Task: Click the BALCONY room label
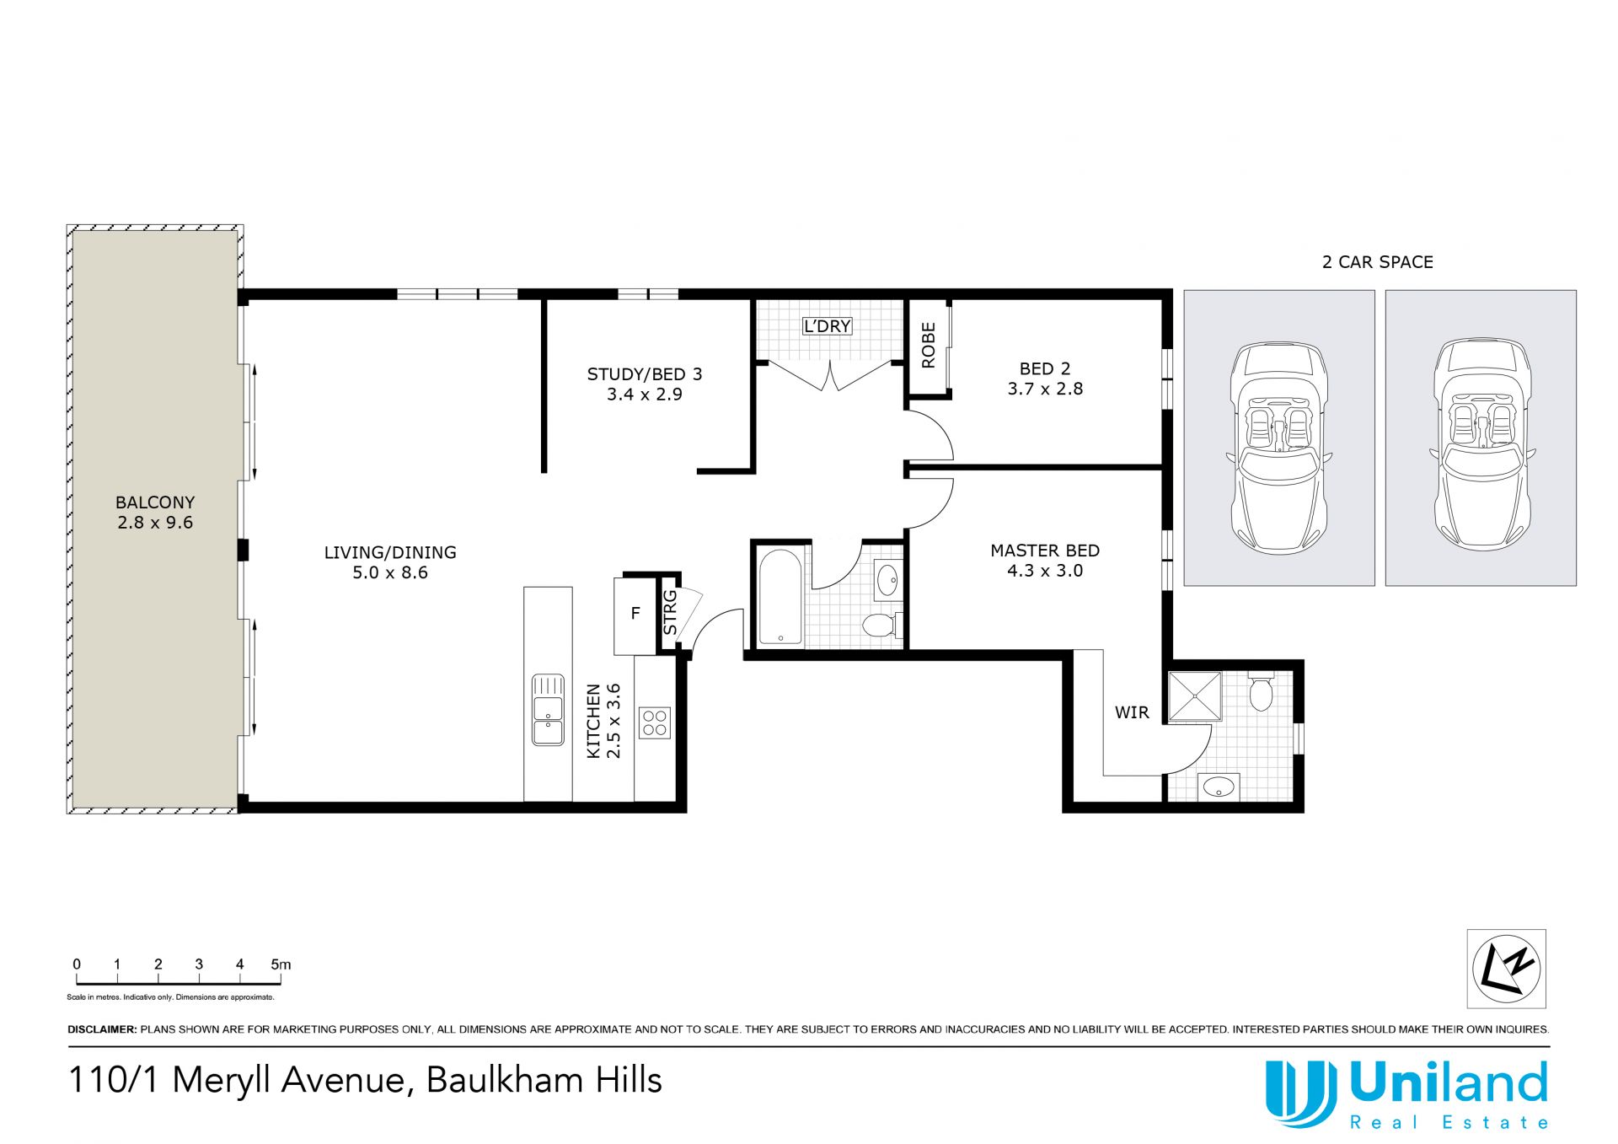pos(155,502)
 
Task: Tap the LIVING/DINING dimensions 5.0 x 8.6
pos(390,573)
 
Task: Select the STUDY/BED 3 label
pos(645,374)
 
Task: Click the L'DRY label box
pos(827,326)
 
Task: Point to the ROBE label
pos(929,346)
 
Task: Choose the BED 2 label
pos(1045,369)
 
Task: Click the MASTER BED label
pos(1045,551)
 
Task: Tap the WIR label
pos(1132,713)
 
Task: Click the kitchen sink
pos(548,709)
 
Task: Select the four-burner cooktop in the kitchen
pos(655,722)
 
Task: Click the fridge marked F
pos(635,615)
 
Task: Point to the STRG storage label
pos(671,613)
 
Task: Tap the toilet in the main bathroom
pos(881,625)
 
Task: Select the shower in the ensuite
pos(1195,696)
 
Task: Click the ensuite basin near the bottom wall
pos(1219,787)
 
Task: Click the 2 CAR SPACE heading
pos(1378,262)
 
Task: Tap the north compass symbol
pos(1507,969)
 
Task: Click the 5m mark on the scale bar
pos(281,965)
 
